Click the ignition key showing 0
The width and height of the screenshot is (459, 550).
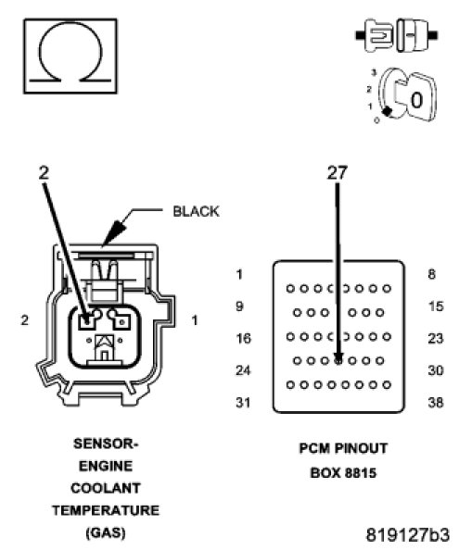(407, 95)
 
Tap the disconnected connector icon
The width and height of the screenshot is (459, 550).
(397, 35)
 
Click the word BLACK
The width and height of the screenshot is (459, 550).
(196, 211)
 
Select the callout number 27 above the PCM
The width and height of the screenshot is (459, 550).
(338, 172)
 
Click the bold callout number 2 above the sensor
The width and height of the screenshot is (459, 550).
(44, 172)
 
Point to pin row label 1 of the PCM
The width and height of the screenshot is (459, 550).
(239, 274)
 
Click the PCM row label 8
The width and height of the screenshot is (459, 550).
(432, 274)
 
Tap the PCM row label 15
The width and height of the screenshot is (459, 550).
(436, 306)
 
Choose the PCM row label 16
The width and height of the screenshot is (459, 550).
(243, 339)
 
